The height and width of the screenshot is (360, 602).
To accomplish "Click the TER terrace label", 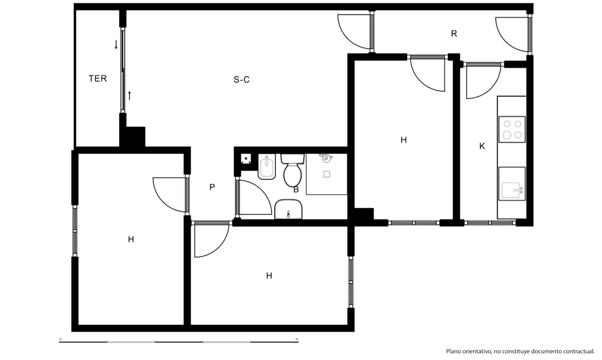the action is click(x=98, y=78).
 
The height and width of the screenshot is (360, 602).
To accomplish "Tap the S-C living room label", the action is click(x=242, y=79).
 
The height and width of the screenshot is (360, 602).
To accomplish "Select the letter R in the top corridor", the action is click(x=454, y=34).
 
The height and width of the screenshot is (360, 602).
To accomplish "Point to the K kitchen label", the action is click(x=482, y=146).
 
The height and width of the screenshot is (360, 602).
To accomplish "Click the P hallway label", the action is click(x=212, y=187).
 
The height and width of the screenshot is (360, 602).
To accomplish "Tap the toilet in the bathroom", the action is click(x=293, y=170).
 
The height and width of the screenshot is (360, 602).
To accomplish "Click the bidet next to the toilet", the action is click(x=267, y=167).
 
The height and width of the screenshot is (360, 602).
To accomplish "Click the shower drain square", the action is click(x=327, y=174).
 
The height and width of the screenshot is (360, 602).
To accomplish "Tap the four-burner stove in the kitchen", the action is click(x=512, y=129).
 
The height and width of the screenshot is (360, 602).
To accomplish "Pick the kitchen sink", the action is click(x=512, y=184).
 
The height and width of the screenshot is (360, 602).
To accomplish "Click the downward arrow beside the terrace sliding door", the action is click(x=116, y=44).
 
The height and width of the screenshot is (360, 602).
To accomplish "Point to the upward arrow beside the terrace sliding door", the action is click(x=129, y=95).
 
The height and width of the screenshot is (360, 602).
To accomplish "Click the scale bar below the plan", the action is click(x=179, y=341).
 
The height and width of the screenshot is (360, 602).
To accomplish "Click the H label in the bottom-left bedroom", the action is click(x=131, y=240).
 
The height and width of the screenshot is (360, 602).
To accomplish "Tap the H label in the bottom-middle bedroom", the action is click(x=269, y=276).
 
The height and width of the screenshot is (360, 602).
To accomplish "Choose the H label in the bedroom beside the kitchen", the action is click(x=403, y=140).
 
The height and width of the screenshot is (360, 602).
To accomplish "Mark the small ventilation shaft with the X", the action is click(x=246, y=158).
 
